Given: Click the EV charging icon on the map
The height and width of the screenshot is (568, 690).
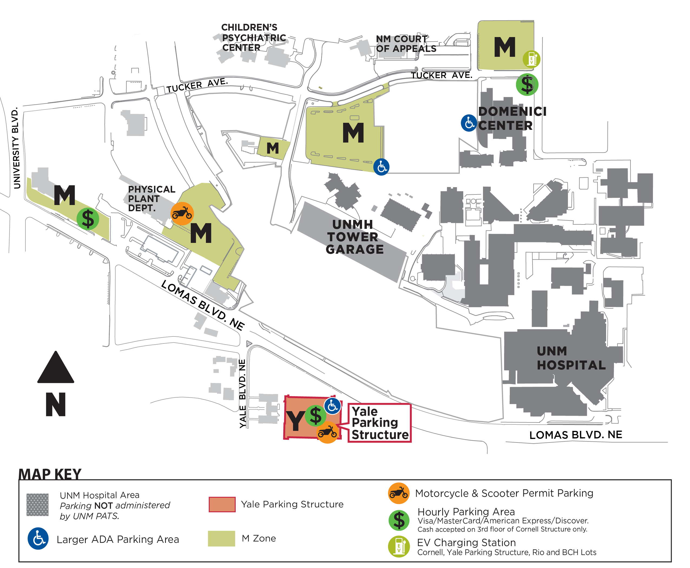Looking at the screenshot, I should click(531, 59).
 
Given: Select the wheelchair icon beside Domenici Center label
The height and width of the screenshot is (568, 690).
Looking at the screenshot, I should click(469, 123).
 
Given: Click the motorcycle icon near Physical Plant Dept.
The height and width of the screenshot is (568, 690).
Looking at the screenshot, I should click(182, 214).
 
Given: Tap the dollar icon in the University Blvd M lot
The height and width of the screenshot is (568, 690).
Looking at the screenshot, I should click(88, 219).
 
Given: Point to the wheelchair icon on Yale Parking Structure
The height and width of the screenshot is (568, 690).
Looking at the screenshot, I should click(333, 406).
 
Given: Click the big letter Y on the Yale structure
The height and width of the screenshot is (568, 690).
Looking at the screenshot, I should click(295, 421).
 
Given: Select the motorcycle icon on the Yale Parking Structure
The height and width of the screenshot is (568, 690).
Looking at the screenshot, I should click(327, 432).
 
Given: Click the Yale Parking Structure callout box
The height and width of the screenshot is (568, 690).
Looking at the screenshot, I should click(379, 423).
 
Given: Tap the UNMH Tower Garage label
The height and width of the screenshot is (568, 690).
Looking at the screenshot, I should click(354, 237).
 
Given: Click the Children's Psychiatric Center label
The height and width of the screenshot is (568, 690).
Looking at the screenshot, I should click(253, 37).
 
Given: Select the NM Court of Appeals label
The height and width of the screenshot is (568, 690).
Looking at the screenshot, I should click(406, 44).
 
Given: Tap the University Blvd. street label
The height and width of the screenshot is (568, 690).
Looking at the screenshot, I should click(16, 148).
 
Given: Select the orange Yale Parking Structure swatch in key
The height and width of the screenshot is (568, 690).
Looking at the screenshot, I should click(222, 504).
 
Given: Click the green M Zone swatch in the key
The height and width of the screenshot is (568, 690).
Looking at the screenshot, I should click(221, 538).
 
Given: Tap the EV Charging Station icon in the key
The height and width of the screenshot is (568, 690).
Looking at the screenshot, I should click(398, 546).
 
